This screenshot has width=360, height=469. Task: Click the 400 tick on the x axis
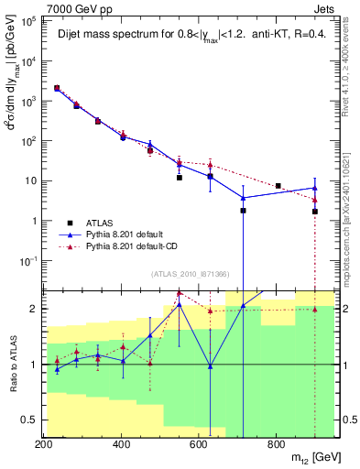121,444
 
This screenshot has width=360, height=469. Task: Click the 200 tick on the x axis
43,444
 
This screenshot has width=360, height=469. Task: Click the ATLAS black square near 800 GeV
278,186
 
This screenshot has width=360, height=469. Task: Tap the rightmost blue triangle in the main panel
315,188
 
